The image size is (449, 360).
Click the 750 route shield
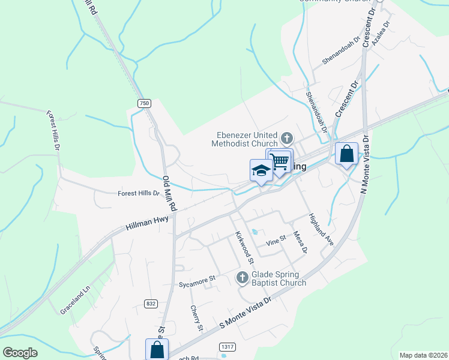coord(144,103)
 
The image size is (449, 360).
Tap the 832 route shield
coord(151,304)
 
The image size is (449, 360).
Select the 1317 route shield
coord(227,346)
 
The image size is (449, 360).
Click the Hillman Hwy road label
coord(146,222)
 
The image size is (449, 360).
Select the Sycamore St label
coord(197,279)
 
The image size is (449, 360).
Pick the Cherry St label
coord(196,318)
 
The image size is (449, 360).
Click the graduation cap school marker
coord(261,170)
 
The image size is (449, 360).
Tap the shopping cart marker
coord(279,161)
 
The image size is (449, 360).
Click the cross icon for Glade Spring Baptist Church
coord(242,277)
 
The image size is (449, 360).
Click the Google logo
coord(20,353)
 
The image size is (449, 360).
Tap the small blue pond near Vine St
coord(255,232)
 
